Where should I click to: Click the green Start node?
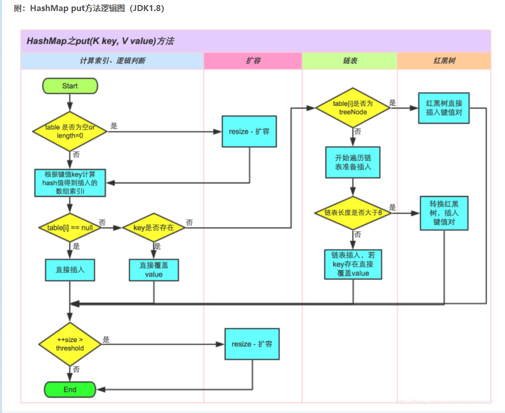coord(70,86)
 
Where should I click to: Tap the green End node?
coord(70,389)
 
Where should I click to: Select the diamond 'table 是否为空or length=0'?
coord(70,131)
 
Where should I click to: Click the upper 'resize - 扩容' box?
coord(249,131)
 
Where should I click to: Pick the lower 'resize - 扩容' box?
coord(252,344)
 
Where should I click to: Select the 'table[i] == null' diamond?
coord(70,227)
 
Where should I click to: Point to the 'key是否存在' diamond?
coord(154,227)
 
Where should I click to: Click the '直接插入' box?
coord(70,270)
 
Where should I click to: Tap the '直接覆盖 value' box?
coord(154,270)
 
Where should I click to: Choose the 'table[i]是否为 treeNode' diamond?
coord(353,108)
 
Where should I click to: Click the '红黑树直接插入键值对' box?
coord(444,108)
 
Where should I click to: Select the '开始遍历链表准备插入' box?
coord(353,162)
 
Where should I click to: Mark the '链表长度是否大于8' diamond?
coord(353,213)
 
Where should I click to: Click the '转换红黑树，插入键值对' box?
coord(444,213)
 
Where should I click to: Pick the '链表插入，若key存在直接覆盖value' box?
coord(353,264)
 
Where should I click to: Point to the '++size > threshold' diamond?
coord(70,344)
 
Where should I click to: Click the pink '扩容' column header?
coord(253,61)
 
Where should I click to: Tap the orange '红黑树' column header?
coord(444,61)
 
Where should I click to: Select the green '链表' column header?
coord(350,61)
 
